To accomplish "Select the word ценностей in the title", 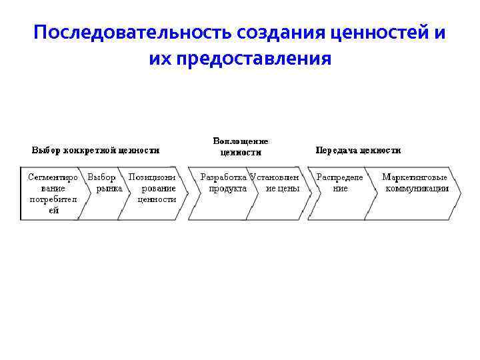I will (x=377, y=33).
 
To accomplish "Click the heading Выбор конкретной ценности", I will (x=96, y=150).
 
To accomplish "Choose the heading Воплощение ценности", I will (x=241, y=146).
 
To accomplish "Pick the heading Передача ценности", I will (x=358, y=150).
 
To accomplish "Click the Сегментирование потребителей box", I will (x=52, y=193).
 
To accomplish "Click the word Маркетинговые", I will (x=415, y=177).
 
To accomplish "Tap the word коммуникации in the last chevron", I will (x=417, y=188).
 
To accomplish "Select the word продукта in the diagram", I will (x=228, y=188).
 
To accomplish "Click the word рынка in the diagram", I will (x=109, y=188).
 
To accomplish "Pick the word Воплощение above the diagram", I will (x=241, y=141).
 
